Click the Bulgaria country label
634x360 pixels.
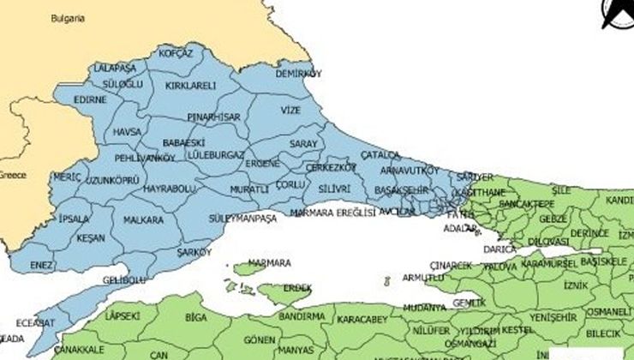click(67, 17)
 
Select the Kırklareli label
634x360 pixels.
click(191, 86)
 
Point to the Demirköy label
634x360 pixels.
click(298, 75)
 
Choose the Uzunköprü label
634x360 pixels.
click(111, 182)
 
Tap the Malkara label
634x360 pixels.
click(143, 219)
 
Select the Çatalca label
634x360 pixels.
click(380, 154)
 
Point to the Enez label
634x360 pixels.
click(42, 266)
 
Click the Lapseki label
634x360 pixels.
click(121, 316)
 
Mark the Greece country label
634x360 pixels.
click(12, 175)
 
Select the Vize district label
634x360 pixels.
click(291, 111)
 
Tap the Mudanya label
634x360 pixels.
click(423, 306)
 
